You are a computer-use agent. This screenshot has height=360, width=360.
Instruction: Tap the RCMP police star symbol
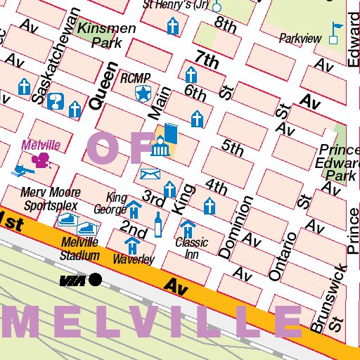click(x=144, y=92)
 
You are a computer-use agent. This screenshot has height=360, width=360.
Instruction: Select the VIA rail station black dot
click(x=95, y=280)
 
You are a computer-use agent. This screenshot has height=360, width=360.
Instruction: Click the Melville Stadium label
click(x=79, y=249)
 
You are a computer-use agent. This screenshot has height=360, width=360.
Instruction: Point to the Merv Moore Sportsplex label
click(x=49, y=198)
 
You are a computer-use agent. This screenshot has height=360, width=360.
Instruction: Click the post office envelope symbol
click(x=150, y=174)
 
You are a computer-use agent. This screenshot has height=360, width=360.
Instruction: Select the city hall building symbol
click(x=160, y=148)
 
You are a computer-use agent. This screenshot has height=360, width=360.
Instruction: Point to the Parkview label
click(x=300, y=38)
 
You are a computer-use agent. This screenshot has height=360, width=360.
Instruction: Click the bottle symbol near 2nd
click(x=158, y=224)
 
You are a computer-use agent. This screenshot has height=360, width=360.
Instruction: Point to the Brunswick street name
click(x=329, y=298)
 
